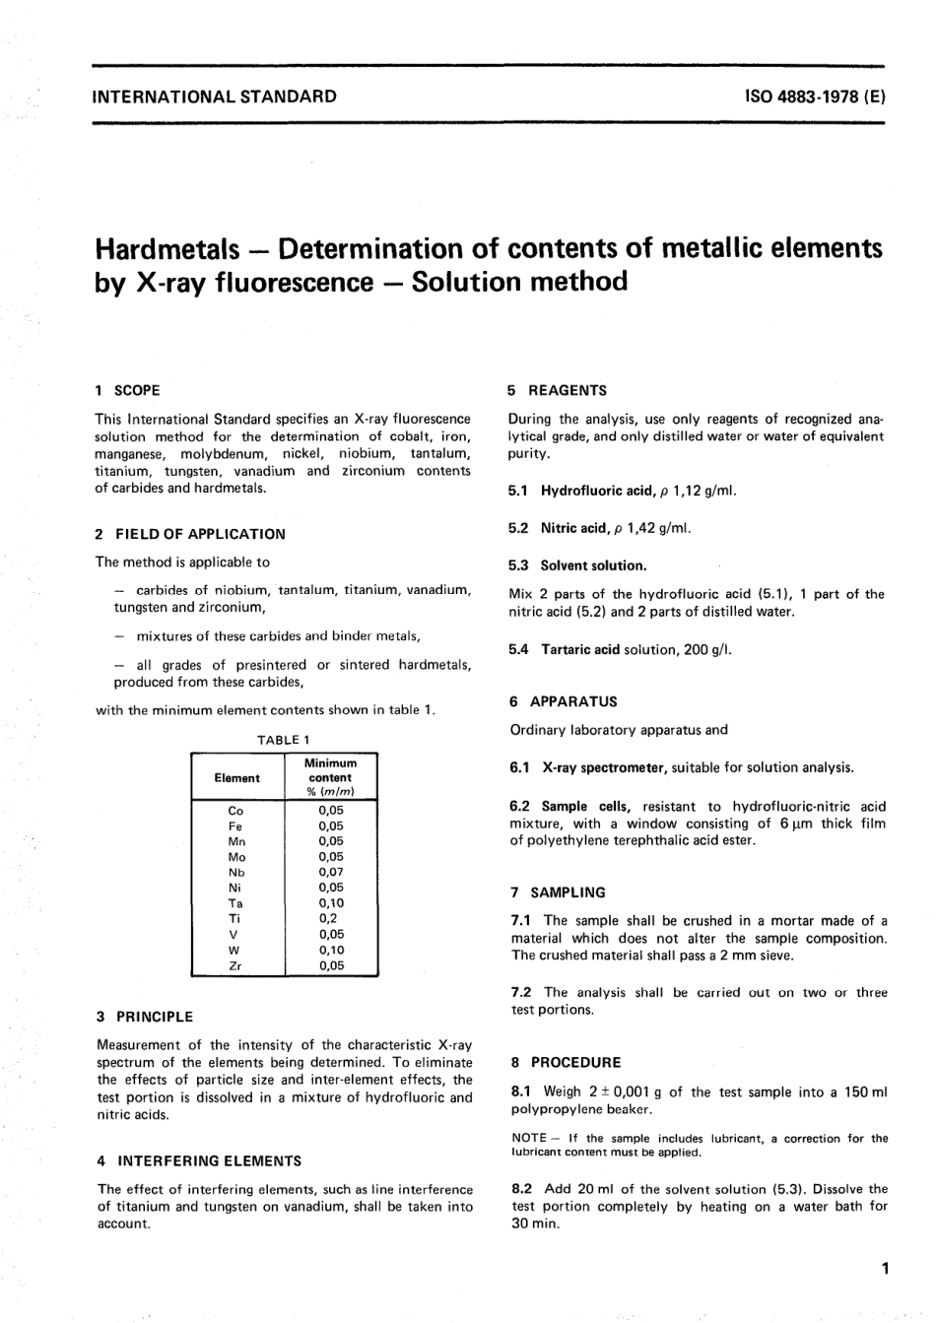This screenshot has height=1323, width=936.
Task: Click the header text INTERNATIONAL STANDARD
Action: click(x=214, y=97)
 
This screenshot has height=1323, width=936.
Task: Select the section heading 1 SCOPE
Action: click(x=127, y=390)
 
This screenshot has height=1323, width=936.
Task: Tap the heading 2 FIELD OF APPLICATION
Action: click(x=190, y=534)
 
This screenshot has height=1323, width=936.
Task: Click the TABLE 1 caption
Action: click(x=284, y=740)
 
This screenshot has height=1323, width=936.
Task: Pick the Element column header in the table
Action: click(x=237, y=778)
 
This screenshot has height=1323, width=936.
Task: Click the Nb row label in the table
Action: click(x=236, y=873)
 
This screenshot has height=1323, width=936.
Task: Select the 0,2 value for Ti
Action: click(x=328, y=918)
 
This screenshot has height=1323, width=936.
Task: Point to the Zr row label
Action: click(x=235, y=965)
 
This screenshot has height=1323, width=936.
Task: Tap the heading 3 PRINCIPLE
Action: click(x=145, y=1017)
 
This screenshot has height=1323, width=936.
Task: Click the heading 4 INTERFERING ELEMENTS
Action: click(x=199, y=1160)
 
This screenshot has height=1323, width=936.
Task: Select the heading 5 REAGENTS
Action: click(x=558, y=390)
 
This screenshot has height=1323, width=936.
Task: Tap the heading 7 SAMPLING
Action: click(x=558, y=893)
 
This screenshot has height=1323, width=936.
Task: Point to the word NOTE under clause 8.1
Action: click(x=529, y=1139)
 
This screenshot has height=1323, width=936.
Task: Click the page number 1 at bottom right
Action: click(x=886, y=1269)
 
